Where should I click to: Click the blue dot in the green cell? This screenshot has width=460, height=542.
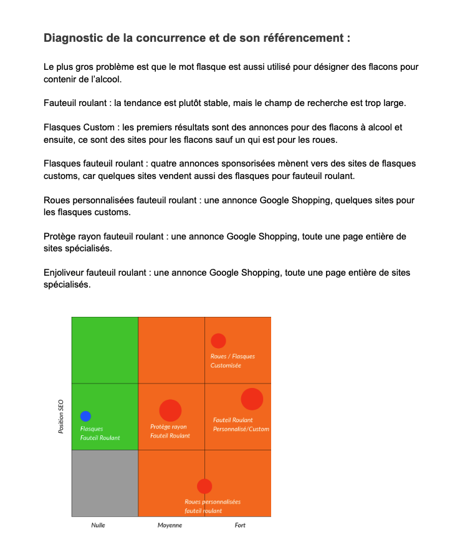click(85, 416)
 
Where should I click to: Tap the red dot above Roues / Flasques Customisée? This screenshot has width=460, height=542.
click(218, 341)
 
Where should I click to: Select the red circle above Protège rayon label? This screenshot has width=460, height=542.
click(170, 410)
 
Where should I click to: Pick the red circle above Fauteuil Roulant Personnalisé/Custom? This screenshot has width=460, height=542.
click(252, 399)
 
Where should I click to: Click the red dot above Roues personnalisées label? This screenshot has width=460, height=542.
click(204, 486)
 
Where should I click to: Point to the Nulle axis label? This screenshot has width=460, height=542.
click(98, 525)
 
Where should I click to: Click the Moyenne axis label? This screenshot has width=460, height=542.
click(170, 525)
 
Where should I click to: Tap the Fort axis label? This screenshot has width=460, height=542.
click(240, 525)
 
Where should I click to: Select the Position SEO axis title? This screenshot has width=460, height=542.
click(61, 417)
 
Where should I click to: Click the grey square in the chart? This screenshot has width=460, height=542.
click(105, 483)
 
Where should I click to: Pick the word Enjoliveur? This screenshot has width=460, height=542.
click(67, 273)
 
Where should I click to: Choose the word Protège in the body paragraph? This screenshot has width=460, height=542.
click(61, 236)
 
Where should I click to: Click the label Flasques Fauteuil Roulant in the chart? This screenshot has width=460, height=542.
click(100, 433)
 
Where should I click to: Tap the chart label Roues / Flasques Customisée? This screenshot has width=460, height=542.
click(232, 361)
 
